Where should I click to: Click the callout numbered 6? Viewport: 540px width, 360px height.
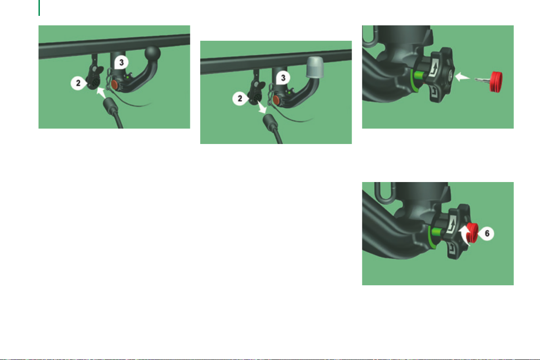(486, 234)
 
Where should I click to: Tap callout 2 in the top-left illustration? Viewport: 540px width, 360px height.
(79, 83)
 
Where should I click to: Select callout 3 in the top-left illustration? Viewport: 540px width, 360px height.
(121, 62)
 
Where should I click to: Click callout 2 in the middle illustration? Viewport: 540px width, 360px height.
(241, 99)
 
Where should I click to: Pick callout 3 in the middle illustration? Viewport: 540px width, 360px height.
(283, 78)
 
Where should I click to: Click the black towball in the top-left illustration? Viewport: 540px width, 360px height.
(152, 53)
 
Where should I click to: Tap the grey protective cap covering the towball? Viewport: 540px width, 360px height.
(315, 67)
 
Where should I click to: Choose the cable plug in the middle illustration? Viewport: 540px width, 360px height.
(270, 122)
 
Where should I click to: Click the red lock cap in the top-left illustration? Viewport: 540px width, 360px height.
(114, 84)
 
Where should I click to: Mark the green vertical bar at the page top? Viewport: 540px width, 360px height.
(39, 8)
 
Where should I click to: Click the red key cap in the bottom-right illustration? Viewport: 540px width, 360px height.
(473, 233)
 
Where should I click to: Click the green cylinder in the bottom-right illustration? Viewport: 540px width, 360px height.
(437, 232)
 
